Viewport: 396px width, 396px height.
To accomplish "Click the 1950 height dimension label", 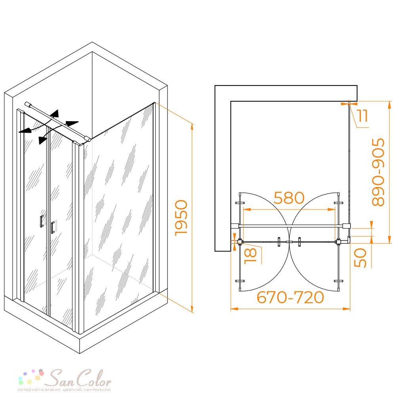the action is click(181, 218).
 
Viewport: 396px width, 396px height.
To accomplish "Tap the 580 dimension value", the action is click(289, 198).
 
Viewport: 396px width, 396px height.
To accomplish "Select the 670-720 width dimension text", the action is click(290, 297).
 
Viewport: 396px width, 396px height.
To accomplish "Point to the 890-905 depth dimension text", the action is click(378, 172).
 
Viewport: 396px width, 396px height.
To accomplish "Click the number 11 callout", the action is click(363, 116).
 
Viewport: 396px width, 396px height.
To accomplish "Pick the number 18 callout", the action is click(250, 255).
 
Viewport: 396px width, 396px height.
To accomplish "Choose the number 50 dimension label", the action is click(360, 258).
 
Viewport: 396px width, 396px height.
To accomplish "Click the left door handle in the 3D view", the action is click(42, 221).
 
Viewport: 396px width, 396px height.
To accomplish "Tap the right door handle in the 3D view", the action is click(53, 227).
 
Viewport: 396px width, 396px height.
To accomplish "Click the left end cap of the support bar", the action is click(27, 104).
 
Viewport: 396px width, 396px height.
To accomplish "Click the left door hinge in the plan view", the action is click(240, 242).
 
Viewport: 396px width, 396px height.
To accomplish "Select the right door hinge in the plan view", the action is click(338, 242).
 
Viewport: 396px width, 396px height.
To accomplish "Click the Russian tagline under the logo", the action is click(65, 390).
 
